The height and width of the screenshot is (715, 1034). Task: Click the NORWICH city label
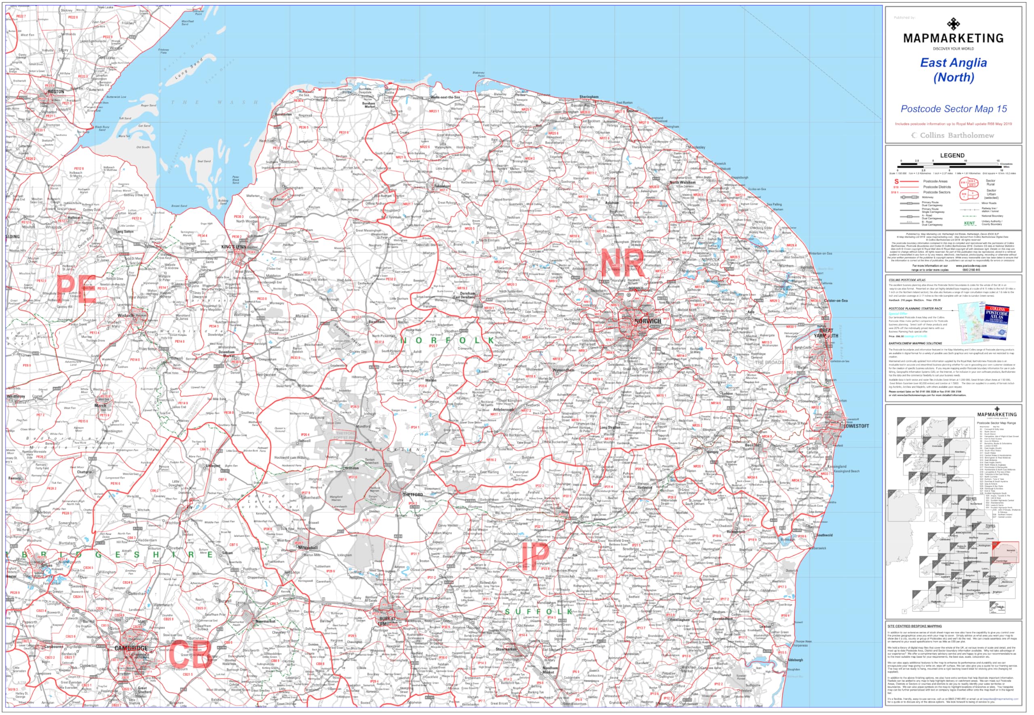tap(647, 321)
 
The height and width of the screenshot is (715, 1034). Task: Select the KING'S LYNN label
tap(233, 247)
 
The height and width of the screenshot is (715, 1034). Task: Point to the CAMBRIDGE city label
tap(131, 648)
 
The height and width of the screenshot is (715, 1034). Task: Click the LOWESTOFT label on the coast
tap(856, 426)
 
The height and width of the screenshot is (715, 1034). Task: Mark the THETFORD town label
tap(412, 495)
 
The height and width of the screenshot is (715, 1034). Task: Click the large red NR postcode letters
tap(622, 263)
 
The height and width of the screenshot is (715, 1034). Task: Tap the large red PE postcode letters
tap(77, 289)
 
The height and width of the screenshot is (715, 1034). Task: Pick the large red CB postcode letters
tap(189, 654)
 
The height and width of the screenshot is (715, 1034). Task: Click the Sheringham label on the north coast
tap(588, 97)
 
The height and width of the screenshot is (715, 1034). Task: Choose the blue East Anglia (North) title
tap(954, 70)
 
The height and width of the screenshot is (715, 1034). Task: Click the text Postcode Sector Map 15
tap(954, 109)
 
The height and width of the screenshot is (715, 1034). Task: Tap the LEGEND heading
tap(952, 156)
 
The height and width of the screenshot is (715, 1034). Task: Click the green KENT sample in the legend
tap(969, 223)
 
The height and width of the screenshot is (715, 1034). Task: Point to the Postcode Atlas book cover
tap(996, 322)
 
